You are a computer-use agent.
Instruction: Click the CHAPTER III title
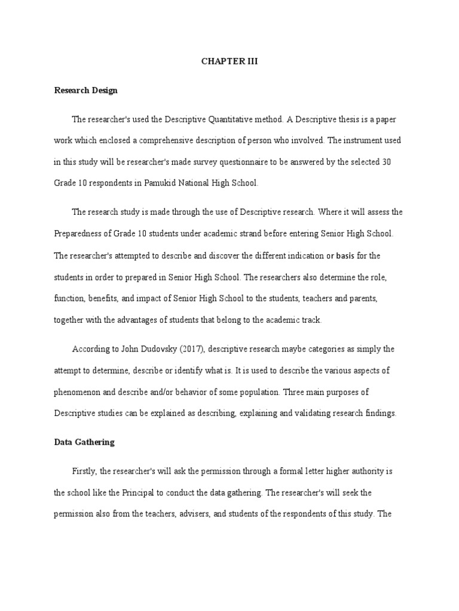(229, 61)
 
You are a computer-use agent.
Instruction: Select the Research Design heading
(85, 91)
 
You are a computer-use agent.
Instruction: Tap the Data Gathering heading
(84, 443)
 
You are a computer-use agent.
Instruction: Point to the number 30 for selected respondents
(386, 163)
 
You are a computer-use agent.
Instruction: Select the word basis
(345, 256)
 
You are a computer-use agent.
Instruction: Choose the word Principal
(172, 493)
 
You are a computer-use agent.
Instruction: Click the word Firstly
(84, 472)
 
